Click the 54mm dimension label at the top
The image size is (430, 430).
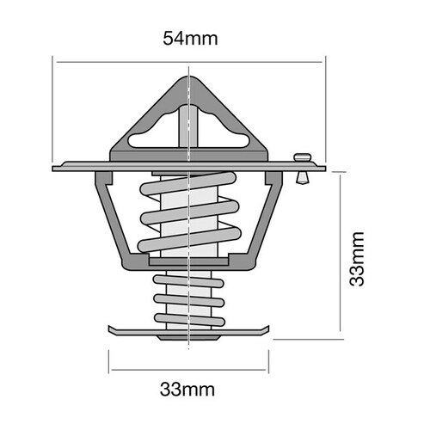188,39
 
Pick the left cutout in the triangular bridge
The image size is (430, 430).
150,137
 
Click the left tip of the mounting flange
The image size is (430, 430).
56,168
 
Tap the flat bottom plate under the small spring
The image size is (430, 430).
188,329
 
